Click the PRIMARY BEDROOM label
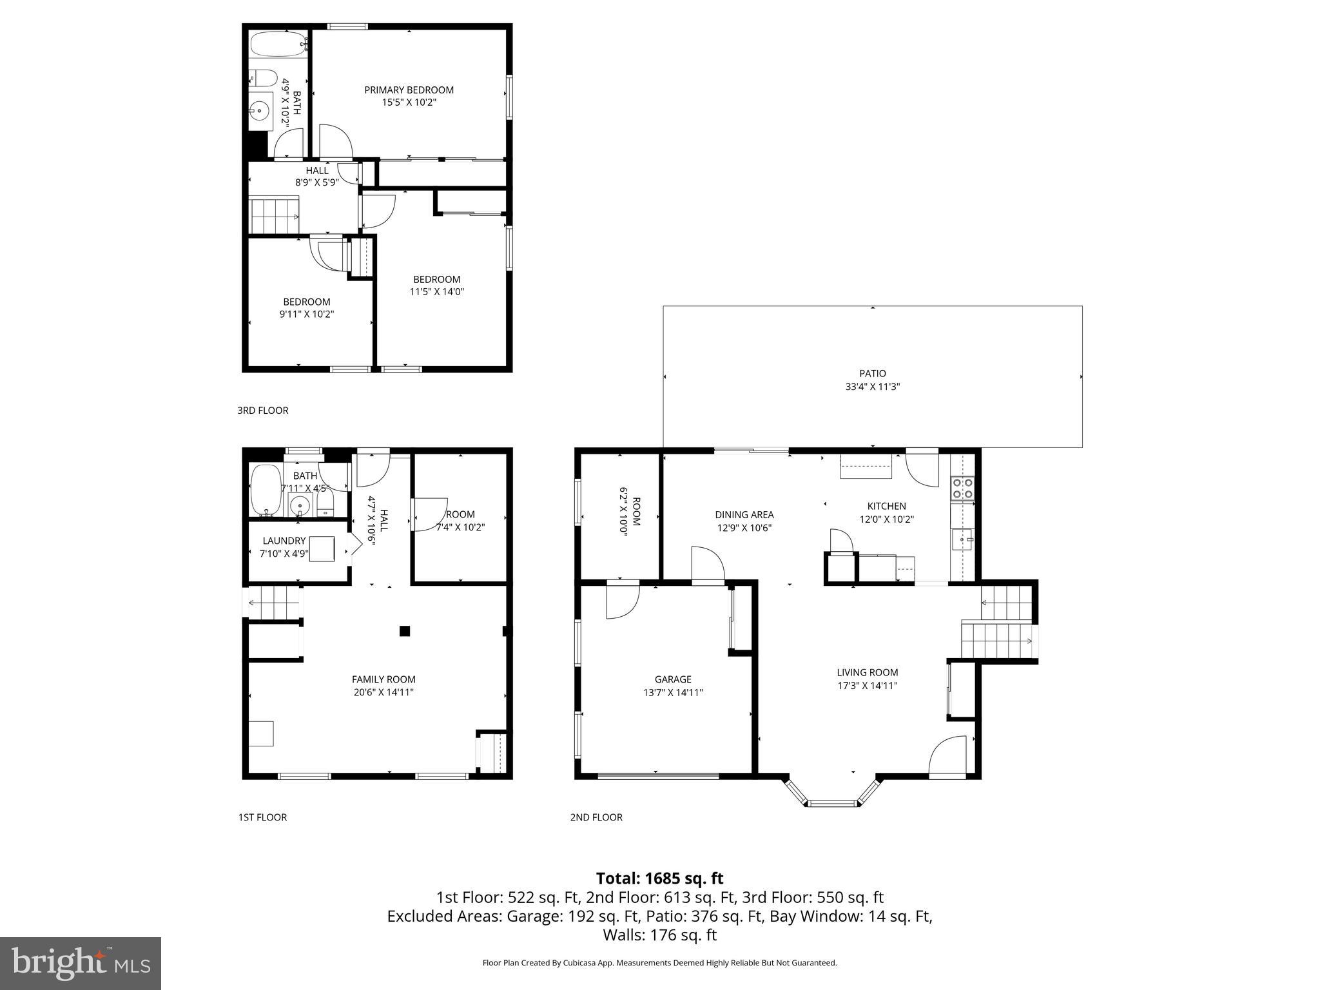(x=409, y=90)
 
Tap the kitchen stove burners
(x=963, y=489)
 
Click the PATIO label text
(x=872, y=373)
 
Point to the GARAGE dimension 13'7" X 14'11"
(x=673, y=693)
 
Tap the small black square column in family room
(x=405, y=631)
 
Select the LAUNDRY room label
(x=284, y=541)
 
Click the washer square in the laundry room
(x=322, y=549)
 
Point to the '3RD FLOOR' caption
(x=262, y=411)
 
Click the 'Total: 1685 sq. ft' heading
(x=659, y=878)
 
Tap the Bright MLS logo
(x=80, y=963)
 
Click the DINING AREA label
(x=744, y=515)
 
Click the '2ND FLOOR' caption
(x=596, y=817)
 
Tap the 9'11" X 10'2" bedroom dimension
(x=306, y=315)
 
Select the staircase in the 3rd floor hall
(x=275, y=215)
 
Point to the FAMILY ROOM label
(x=383, y=679)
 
